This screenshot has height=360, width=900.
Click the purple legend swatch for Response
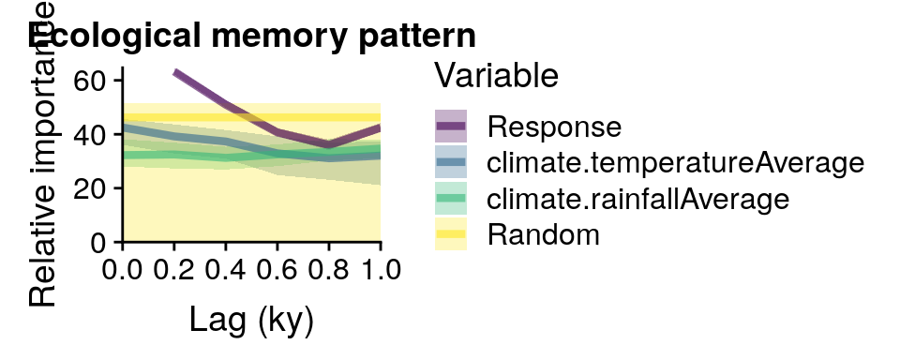(x=451, y=126)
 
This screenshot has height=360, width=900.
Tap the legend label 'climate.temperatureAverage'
(x=675, y=162)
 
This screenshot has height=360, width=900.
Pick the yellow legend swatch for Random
(x=451, y=235)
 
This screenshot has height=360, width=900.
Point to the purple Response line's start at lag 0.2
(x=175, y=72)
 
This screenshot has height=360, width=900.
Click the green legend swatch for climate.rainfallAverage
(x=451, y=199)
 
